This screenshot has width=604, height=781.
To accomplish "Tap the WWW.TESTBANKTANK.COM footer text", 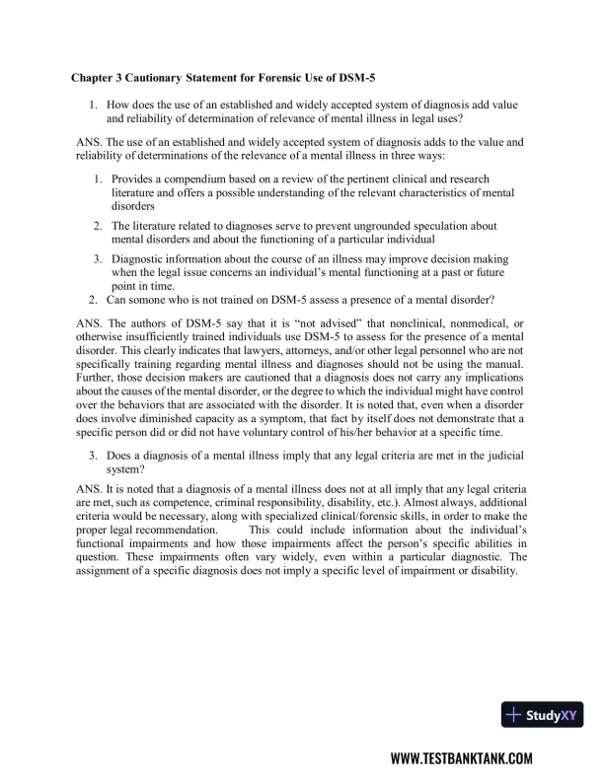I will click(462, 758).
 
